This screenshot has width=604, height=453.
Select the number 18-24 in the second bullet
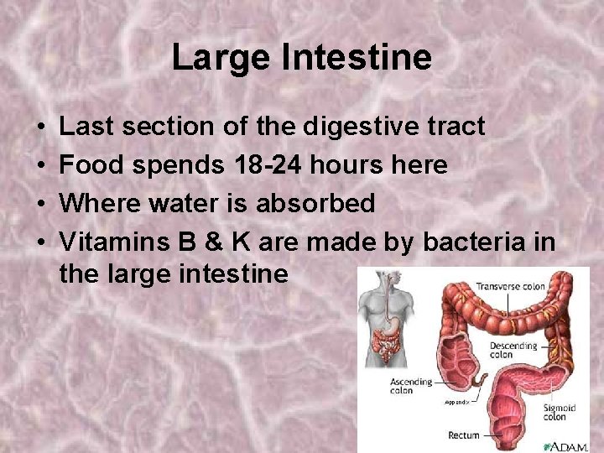[x=260, y=165]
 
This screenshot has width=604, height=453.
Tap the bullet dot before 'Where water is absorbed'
[x=41, y=204]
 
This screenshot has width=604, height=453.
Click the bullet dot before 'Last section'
[x=41, y=127]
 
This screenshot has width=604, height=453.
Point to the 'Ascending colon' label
[x=411, y=386]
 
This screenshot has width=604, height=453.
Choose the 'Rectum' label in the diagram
[x=464, y=435]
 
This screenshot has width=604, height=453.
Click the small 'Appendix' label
[x=456, y=403]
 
